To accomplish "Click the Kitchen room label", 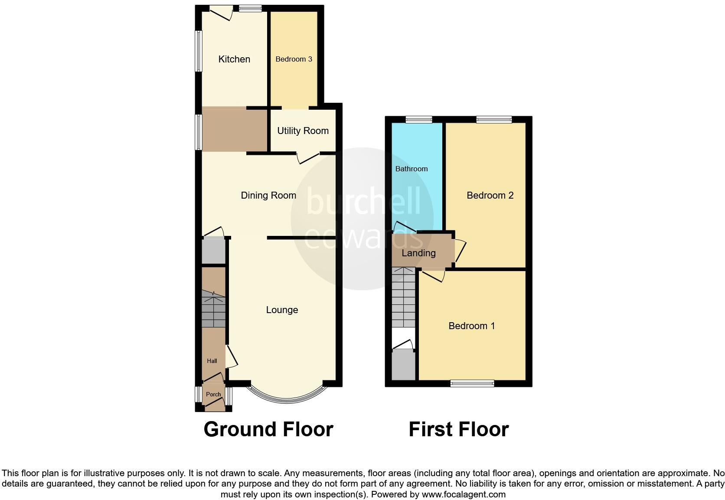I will coord(234,59).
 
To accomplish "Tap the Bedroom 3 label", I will coord(294,59).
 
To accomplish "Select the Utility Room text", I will coord(303,131).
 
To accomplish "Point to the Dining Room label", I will coord(268,195).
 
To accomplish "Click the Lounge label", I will coord(282,310).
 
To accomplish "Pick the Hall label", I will coord(212,361).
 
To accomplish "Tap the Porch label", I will coord(213,394).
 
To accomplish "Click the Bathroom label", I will coord(411,169).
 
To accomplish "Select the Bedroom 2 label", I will coord(490,195).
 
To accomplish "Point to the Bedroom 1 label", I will coord(472,326).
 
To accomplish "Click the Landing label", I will coord(418,253).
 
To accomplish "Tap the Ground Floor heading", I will coord(268,429).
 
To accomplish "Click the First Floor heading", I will coord(458,429).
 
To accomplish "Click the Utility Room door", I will coord(308,158).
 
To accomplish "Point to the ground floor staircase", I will coord(214,310).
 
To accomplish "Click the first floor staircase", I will coord(404,297).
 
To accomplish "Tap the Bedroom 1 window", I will coord(472,383).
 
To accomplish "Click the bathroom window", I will coord(419,119).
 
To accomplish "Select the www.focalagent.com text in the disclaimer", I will coord(463,494).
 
